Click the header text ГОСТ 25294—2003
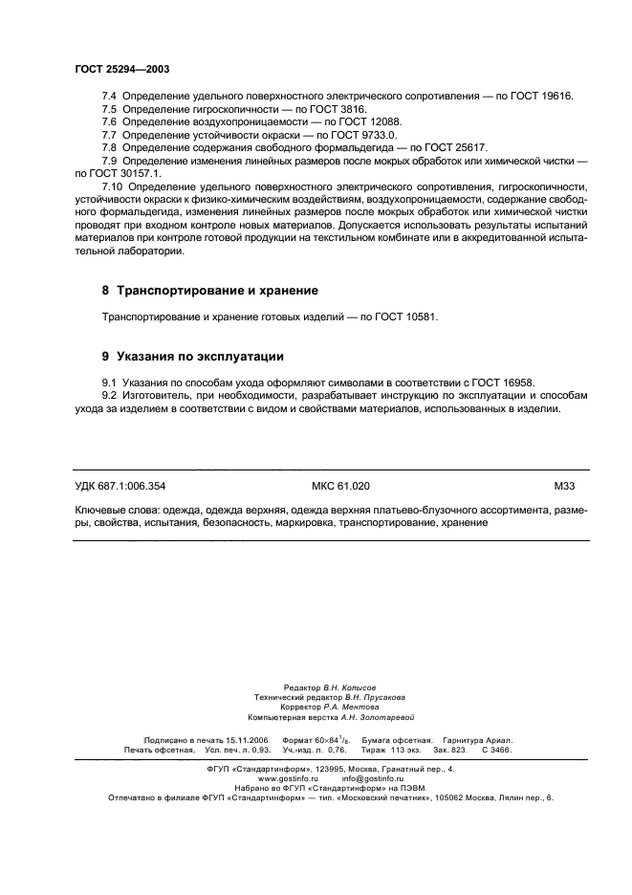(122, 69)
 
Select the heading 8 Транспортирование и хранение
(209, 290)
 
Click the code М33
(562, 486)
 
